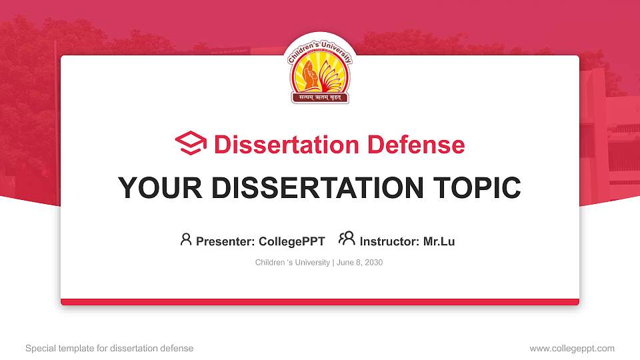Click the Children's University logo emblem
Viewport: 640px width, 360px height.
click(x=319, y=70)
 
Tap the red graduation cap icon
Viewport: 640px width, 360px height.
click(x=191, y=144)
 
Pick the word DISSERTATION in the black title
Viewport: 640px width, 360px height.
click(x=314, y=188)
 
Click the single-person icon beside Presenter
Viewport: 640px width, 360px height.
click(x=186, y=239)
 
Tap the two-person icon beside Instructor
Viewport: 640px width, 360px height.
click(x=347, y=239)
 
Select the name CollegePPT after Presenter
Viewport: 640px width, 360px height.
click(x=291, y=241)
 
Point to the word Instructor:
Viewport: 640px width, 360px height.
click(x=389, y=241)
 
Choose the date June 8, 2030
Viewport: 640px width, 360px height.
click(x=359, y=263)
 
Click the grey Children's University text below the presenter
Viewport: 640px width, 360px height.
click(x=292, y=263)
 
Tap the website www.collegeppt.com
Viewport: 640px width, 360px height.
click(x=572, y=348)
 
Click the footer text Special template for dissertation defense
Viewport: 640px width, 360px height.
click(x=109, y=348)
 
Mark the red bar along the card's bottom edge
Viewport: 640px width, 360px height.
click(x=320, y=302)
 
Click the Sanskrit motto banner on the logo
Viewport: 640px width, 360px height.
click(x=319, y=98)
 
